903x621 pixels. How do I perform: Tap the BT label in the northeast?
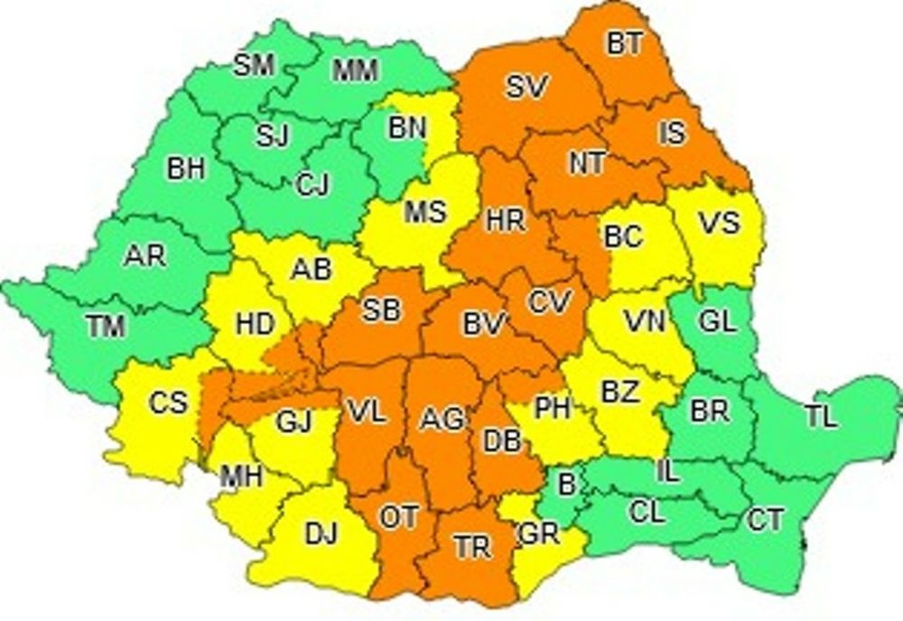(624, 45)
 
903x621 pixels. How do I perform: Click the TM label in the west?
(107, 328)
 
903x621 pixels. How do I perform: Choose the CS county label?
(168, 403)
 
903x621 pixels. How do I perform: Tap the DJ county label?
(321, 534)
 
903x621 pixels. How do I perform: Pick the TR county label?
(472, 546)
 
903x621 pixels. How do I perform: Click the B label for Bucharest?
(566, 485)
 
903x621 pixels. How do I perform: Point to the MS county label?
(424, 213)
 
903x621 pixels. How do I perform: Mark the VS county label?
(720, 223)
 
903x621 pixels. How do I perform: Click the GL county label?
(718, 321)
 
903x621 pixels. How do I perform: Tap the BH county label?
(186, 169)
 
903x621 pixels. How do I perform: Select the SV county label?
(526, 88)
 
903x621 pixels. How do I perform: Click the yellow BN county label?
(407, 128)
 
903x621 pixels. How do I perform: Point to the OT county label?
(398, 517)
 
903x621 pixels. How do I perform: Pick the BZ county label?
(620, 393)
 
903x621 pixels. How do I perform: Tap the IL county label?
(666, 470)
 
